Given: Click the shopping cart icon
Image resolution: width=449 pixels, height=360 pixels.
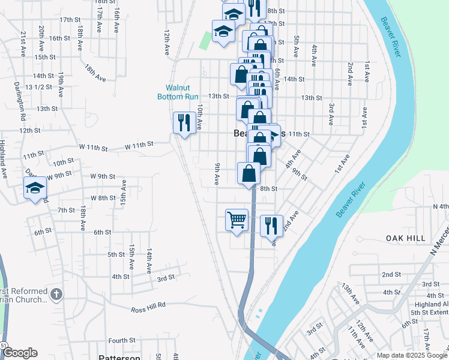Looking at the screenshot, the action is tap(237, 220).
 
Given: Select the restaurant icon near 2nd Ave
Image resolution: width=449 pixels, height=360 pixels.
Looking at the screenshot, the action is tap(271, 226).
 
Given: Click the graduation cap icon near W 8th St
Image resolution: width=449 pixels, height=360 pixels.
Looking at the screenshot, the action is tap(35, 188).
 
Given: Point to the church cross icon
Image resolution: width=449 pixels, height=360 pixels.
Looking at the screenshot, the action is tap(56, 295).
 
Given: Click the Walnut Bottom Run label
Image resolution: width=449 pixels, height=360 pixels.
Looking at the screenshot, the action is tap(178, 92).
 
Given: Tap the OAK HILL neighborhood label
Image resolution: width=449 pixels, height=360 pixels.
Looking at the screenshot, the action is tap(406, 238).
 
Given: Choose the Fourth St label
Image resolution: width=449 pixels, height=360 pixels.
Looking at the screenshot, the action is tap(122, 340).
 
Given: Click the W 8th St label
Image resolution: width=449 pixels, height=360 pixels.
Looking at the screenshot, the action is tap(103, 197).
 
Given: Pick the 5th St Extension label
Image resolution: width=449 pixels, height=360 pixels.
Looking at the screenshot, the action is tap(430, 313).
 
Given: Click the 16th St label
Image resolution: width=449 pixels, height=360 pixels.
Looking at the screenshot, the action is tap(60, 38).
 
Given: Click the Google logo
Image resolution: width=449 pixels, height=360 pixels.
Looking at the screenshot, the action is tap(20, 353).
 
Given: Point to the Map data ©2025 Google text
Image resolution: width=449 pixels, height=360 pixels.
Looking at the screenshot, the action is tap(412, 355).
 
